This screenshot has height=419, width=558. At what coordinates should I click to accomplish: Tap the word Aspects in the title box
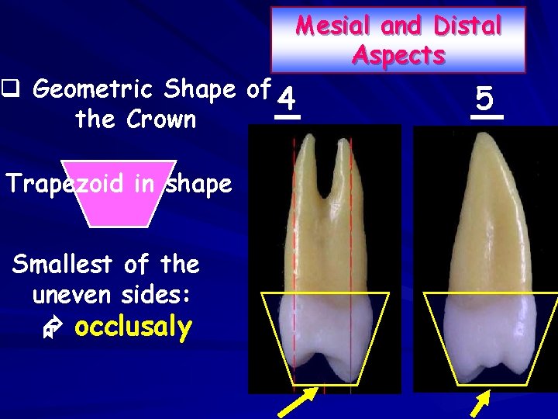[398, 55]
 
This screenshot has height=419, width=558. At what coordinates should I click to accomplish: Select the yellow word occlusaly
[133, 327]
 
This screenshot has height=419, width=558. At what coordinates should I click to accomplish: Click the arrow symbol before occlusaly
[49, 329]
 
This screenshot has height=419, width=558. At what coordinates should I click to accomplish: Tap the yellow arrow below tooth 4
[298, 400]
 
